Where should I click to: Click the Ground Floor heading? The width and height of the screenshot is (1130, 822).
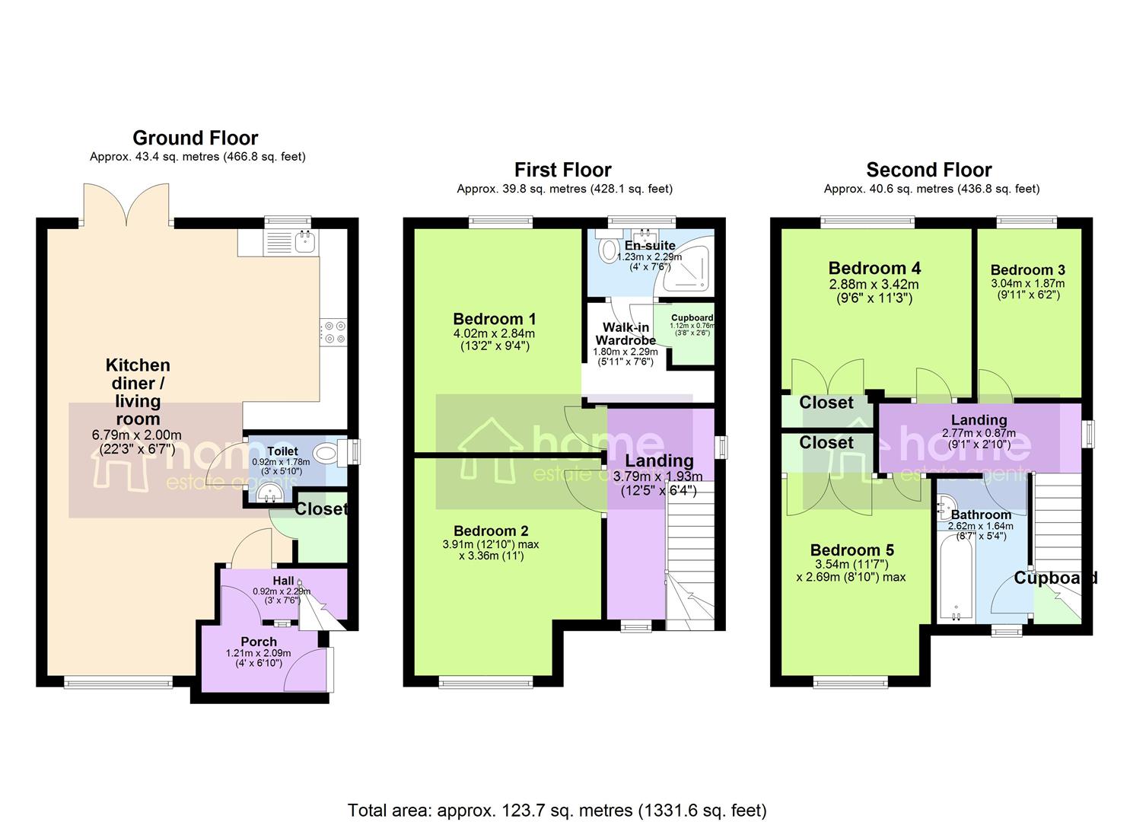pos(196,138)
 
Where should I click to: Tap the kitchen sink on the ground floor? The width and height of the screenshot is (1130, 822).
pos(305,241)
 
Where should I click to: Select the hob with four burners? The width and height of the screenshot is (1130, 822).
pos(333,332)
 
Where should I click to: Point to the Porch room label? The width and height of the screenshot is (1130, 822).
pos(259,642)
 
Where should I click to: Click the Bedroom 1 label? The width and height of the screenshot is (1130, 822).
pos(494,319)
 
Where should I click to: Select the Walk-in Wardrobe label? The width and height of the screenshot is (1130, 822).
pos(625,333)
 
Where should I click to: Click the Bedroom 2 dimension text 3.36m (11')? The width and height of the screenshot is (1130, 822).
pos(491,556)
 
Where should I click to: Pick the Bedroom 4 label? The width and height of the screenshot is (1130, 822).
pos(874,268)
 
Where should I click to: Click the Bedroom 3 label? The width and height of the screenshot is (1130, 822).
pos(1027,270)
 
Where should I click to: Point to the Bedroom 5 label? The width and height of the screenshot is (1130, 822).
pos(851,550)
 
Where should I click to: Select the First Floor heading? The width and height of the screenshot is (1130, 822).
pos(562,170)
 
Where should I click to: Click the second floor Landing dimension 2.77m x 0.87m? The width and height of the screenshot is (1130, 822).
pos(979,433)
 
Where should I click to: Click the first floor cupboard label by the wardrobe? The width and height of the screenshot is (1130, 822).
pos(692,318)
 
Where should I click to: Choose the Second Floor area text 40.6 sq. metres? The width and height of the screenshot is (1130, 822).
pos(931,189)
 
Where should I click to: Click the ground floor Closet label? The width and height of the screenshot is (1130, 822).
pos(321,509)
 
